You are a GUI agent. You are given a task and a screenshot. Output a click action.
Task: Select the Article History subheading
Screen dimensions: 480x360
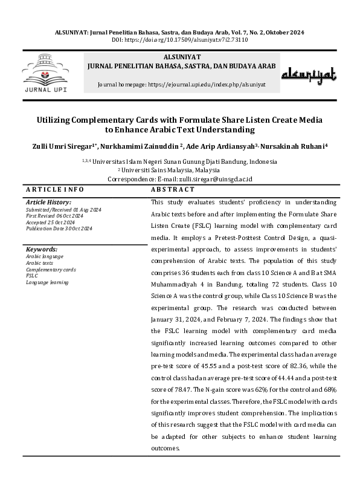[48, 202]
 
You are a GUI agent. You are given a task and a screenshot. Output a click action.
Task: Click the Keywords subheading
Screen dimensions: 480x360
[42, 249]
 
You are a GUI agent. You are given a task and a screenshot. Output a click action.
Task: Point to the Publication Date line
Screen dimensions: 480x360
[59, 228]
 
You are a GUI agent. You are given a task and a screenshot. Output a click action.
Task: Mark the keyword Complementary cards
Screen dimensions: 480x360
[51, 269]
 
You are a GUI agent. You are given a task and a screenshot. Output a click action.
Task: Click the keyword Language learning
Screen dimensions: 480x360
[47, 282]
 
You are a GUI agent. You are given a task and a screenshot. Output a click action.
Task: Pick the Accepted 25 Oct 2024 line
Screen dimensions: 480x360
[51, 221]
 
